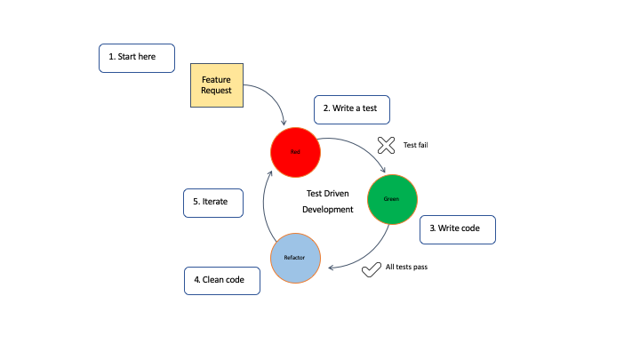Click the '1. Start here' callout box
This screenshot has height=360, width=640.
(136, 57)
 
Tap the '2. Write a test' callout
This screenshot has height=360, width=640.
(351, 108)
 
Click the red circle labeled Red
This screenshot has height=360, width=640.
(295, 152)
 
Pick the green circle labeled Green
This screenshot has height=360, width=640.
(391, 198)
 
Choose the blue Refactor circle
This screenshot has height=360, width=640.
(294, 257)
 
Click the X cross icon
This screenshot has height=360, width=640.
(386, 145)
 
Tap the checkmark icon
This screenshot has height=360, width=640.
(372, 268)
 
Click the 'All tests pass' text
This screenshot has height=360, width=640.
(412, 266)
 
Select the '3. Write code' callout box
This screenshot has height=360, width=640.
(457, 228)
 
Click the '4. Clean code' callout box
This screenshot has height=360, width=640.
(221, 281)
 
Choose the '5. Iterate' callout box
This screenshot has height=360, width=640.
(211, 202)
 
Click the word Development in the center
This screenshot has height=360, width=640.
(328, 210)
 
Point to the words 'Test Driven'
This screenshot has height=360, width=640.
(328, 192)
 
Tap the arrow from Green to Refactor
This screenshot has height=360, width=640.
(369, 255)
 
